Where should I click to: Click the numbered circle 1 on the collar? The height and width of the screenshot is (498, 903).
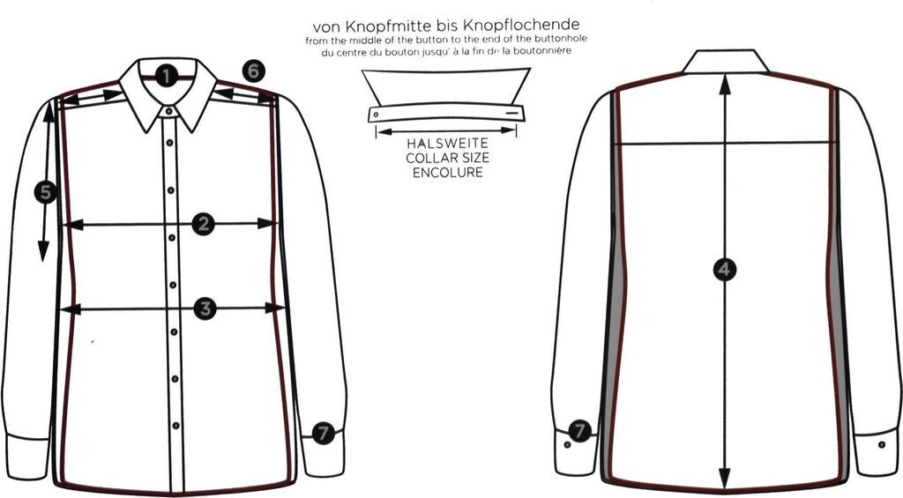coord(166,76)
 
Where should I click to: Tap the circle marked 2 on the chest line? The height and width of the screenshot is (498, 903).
coord(204,224)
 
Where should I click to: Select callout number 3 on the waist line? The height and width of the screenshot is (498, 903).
coord(205,309)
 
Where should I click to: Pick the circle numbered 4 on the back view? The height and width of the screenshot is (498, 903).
coord(725,270)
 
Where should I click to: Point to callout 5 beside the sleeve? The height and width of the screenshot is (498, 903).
coord(46,192)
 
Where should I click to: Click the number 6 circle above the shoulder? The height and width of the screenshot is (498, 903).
coord(254,71)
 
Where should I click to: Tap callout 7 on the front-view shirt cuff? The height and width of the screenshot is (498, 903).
coord(323,433)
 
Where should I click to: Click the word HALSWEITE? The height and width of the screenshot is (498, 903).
coord(447,144)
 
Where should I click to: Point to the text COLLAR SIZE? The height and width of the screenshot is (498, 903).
coord(447,158)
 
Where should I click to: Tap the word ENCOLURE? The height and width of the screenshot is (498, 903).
coord(447,172)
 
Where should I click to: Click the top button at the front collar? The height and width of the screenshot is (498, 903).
coord(168,110)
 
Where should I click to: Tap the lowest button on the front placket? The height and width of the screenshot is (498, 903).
coord(175,426)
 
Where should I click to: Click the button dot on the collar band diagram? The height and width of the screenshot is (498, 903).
coord(376,115)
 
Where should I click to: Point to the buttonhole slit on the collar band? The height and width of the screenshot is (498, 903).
coord(512,113)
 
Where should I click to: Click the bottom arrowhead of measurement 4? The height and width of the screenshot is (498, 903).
coord(725,478)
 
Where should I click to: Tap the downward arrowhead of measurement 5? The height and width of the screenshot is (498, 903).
coord(43,252)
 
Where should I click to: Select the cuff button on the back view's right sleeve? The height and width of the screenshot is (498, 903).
coord(882,444)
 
